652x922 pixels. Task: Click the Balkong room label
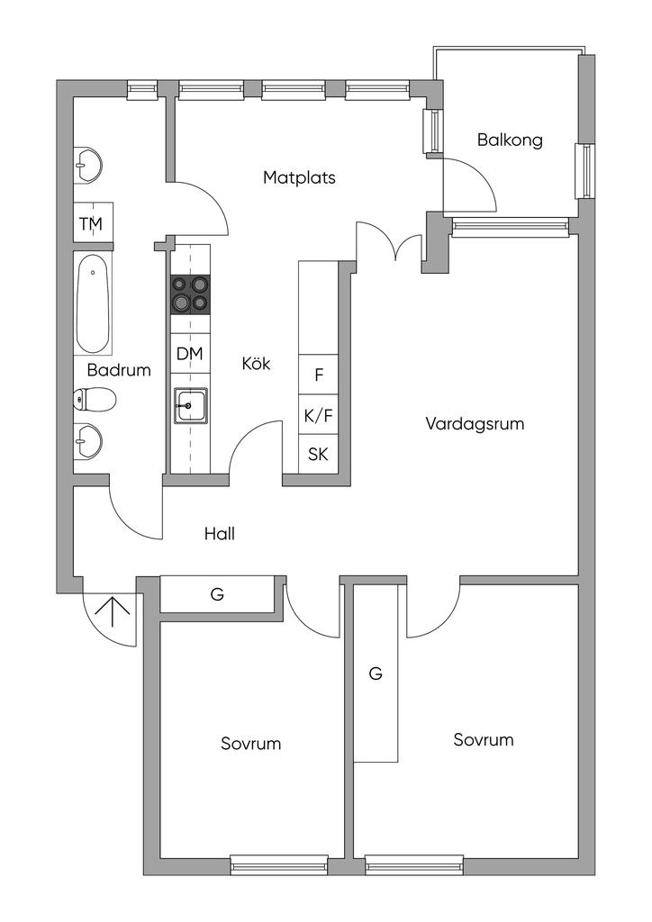(510, 140)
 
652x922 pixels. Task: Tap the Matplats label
(299, 177)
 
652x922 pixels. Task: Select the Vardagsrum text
(475, 424)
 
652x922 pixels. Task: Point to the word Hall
(220, 534)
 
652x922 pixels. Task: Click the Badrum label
(119, 370)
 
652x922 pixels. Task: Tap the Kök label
(257, 364)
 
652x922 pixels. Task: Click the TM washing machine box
(93, 223)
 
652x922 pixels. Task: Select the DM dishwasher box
(190, 353)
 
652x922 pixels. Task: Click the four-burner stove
(190, 294)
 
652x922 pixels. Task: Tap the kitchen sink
(189, 405)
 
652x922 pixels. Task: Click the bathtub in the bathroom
(93, 304)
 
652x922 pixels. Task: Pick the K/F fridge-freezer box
(319, 415)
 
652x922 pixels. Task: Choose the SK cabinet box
(319, 454)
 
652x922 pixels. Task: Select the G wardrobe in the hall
(218, 594)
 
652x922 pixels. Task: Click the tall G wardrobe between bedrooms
(376, 673)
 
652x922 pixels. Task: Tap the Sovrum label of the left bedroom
(251, 744)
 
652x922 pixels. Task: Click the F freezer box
(319, 374)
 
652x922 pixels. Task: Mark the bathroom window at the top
(143, 88)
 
